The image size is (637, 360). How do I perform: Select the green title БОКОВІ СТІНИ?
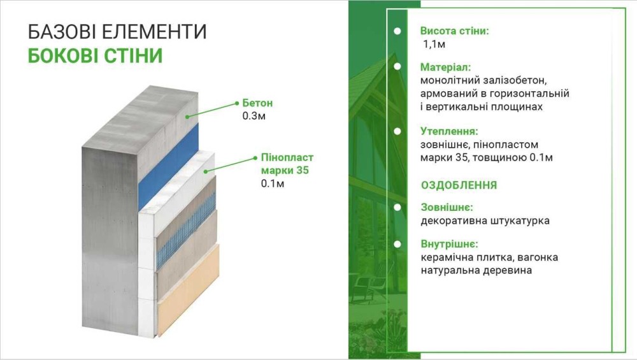[95, 55]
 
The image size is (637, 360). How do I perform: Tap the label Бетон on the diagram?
[257, 103]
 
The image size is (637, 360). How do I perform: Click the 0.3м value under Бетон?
[254, 116]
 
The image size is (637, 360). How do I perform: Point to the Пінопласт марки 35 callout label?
[287, 164]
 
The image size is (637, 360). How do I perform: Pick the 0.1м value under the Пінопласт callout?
[272, 184]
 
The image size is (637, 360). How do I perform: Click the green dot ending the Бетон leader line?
[237, 104]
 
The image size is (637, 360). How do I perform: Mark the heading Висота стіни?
[455, 31]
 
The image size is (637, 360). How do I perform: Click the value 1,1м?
[434, 44]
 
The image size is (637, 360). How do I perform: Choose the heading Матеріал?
[445, 67]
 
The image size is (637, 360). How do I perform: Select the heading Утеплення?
[449, 131]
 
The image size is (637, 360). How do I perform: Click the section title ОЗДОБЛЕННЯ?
[459, 185]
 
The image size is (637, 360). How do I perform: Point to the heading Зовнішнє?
[447, 207]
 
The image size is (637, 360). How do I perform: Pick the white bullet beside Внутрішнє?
[397, 244]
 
